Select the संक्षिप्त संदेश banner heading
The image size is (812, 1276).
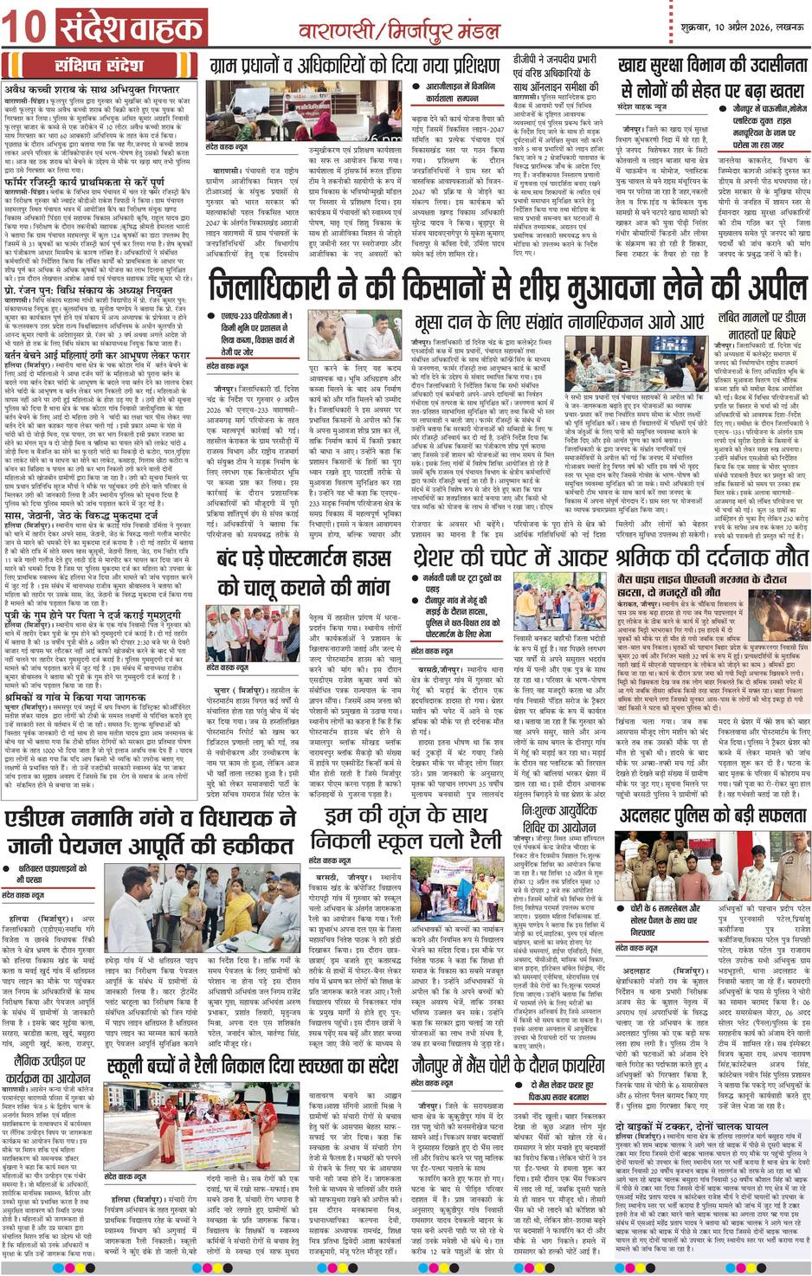[102, 66]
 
